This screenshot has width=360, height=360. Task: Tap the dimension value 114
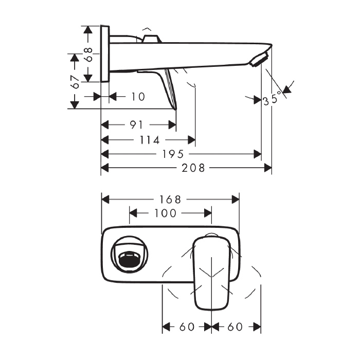(150, 140)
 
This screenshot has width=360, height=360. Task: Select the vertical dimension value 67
(75, 81)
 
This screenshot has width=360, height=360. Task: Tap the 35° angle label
(272, 98)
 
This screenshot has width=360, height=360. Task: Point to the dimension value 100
(165, 213)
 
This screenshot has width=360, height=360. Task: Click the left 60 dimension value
(188, 327)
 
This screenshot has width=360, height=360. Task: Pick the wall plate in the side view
(105, 53)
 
